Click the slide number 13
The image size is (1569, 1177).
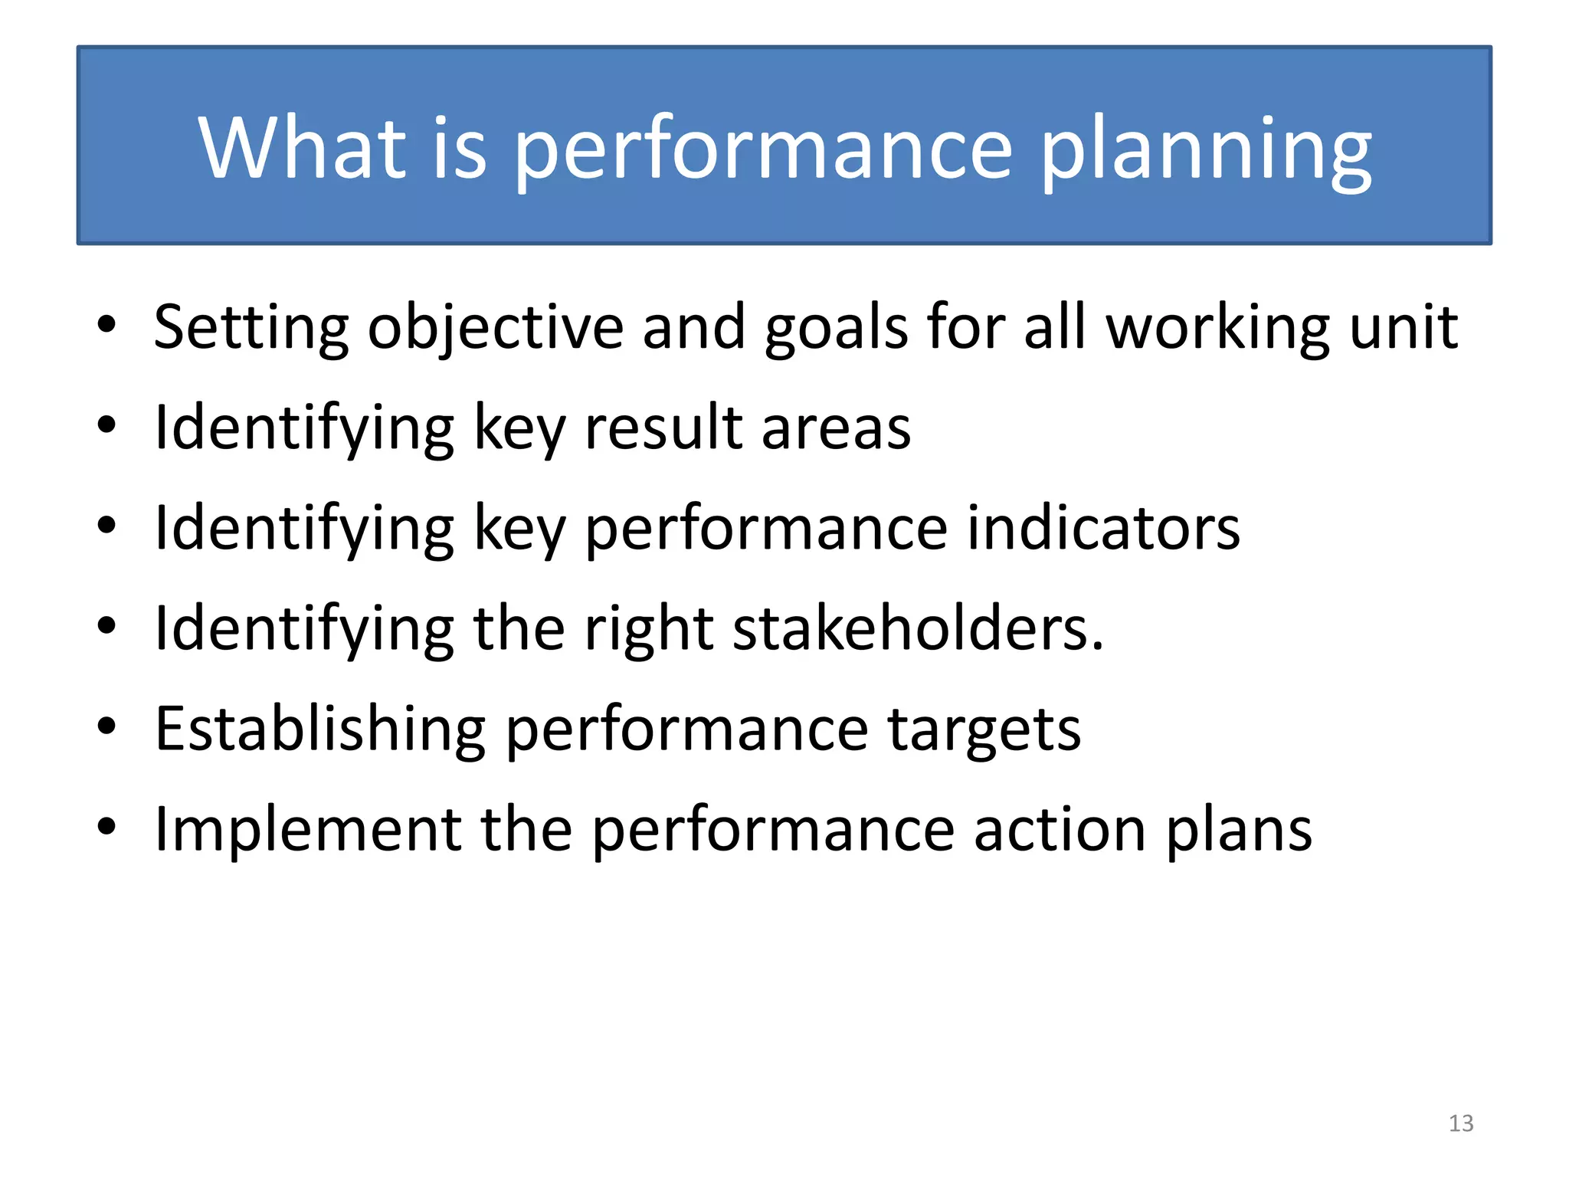pos(1460,1123)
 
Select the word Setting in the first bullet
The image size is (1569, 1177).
pos(251,329)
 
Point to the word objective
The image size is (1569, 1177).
pos(495,329)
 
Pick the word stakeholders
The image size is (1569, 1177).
pos(918,628)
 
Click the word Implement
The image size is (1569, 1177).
pos(307,830)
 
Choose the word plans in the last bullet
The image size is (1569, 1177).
pos(1240,831)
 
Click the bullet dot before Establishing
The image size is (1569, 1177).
pos(106,726)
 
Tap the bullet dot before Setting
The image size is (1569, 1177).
pos(106,324)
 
